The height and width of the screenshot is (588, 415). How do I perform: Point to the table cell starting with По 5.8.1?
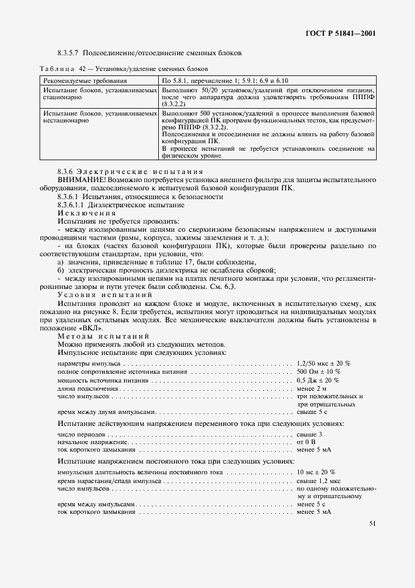tap(224, 82)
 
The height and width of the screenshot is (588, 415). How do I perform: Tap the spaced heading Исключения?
tap(82, 214)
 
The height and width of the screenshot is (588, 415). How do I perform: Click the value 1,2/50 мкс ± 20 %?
tap(323, 363)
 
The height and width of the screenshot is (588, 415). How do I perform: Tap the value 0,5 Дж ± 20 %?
tap(318, 380)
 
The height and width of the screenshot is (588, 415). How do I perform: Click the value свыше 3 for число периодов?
tap(309, 435)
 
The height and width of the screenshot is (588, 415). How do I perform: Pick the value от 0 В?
tap(306, 442)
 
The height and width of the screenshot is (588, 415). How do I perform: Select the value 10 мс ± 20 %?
tap(316, 472)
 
